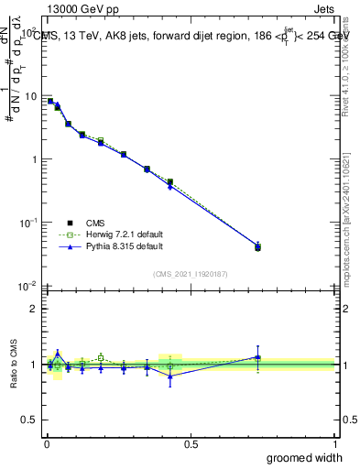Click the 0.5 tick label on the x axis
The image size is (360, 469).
[191, 444]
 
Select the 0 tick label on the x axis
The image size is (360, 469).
[46, 444]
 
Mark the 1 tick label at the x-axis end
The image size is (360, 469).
[334, 444]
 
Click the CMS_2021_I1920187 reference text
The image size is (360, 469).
[191, 273]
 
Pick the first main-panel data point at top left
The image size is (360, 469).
[50, 101]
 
